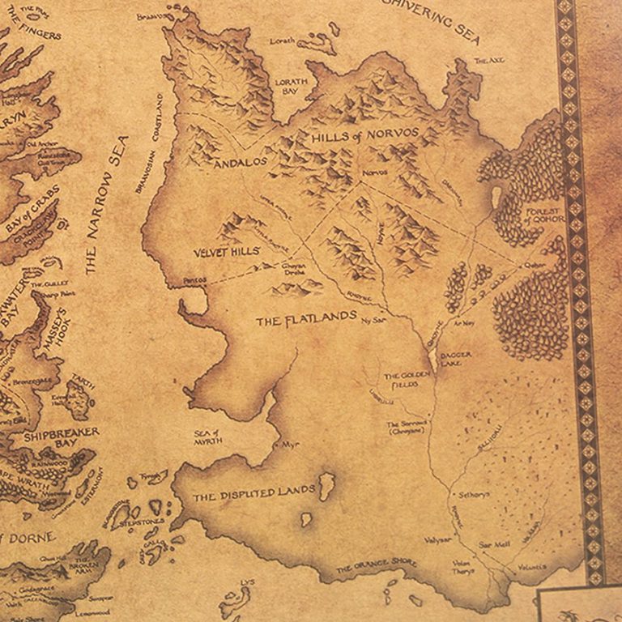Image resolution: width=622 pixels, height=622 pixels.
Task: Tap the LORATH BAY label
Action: [292, 87]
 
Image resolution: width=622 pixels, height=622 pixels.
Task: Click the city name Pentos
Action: [194, 279]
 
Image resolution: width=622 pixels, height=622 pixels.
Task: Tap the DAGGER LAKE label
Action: [456, 359]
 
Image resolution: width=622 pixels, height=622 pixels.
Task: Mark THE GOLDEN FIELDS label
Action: [404, 381]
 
